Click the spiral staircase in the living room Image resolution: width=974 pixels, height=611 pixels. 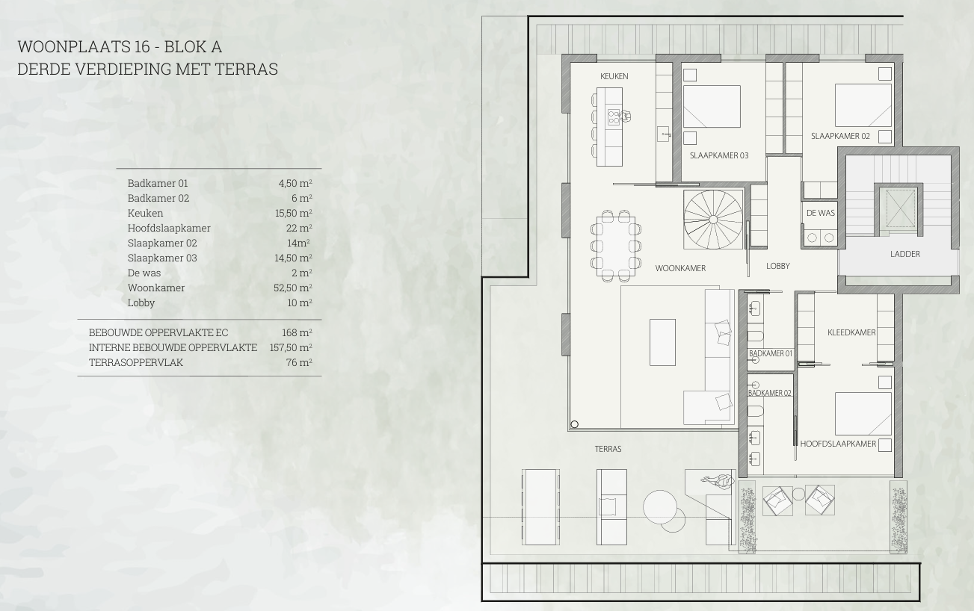pyautogui.click(x=713, y=220)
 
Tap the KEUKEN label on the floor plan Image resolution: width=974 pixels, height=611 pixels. pyautogui.click(x=614, y=76)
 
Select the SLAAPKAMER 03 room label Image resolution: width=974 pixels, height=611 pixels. pyautogui.click(x=719, y=155)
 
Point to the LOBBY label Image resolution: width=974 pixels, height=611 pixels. pyautogui.click(x=778, y=266)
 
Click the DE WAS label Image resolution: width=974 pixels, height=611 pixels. pyautogui.click(x=821, y=213)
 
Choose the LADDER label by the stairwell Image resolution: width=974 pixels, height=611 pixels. pyautogui.click(x=905, y=254)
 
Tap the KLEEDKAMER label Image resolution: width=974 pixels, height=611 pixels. pyautogui.click(x=851, y=332)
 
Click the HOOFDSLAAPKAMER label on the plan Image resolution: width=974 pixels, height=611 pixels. pyautogui.click(x=838, y=444)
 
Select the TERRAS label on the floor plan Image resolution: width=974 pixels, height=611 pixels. pyautogui.click(x=608, y=449)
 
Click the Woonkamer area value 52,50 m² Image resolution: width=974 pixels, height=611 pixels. pyautogui.click(x=292, y=288)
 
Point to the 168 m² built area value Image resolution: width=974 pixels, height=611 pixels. pyautogui.click(x=297, y=332)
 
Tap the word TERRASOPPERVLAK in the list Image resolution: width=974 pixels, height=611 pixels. pyautogui.click(x=136, y=362)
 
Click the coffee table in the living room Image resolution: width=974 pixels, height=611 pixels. pyautogui.click(x=663, y=342)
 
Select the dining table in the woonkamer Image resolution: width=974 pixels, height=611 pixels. pyautogui.click(x=616, y=246)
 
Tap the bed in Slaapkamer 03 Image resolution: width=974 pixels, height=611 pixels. pyautogui.click(x=712, y=107)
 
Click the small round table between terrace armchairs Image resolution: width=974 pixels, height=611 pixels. pyautogui.click(x=798, y=494)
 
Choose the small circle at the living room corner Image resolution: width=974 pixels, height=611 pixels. pyautogui.click(x=574, y=424)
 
